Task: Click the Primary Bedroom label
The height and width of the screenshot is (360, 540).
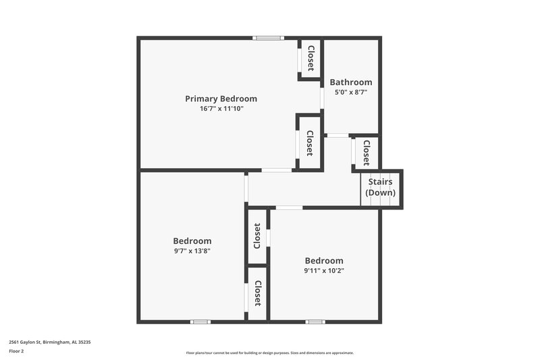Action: [221, 99]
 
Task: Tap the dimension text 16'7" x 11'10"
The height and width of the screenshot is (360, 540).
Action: [221, 108]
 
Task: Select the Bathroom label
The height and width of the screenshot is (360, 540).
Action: [351, 82]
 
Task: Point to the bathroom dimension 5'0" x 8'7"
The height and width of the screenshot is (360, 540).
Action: [351, 92]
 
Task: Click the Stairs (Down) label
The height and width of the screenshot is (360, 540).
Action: [381, 187]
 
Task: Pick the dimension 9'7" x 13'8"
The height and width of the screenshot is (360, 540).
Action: [192, 251]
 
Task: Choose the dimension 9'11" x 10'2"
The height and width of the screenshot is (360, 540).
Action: [324, 271]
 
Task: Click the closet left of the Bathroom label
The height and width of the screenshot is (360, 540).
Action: [310, 58]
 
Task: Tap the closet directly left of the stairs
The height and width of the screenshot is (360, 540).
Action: [365, 152]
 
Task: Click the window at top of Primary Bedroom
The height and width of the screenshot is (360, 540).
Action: [269, 38]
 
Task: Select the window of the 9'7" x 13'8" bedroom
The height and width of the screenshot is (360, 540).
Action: [200, 322]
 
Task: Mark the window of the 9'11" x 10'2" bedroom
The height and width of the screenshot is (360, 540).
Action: [315, 322]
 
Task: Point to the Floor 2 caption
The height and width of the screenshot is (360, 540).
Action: [16, 351]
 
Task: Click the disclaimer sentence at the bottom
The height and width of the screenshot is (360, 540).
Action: [269, 353]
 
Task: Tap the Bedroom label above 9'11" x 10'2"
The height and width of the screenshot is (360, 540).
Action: [324, 261]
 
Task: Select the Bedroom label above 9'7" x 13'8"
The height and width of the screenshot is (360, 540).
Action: [192, 240]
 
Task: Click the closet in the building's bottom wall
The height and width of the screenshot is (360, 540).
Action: [257, 293]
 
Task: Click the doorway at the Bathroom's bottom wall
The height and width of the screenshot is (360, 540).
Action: [337, 136]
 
